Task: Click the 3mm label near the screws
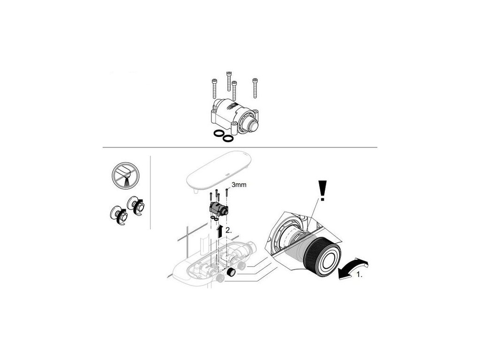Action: pos(239,185)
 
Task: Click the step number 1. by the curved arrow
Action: pos(360,275)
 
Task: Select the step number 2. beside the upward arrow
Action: pos(229,231)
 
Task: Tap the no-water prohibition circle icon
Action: pos(126,176)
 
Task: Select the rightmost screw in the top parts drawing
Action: pos(255,88)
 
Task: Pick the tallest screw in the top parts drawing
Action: pos(228,81)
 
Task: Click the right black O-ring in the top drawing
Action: pos(228,138)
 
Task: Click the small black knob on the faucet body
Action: pos(230,272)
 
